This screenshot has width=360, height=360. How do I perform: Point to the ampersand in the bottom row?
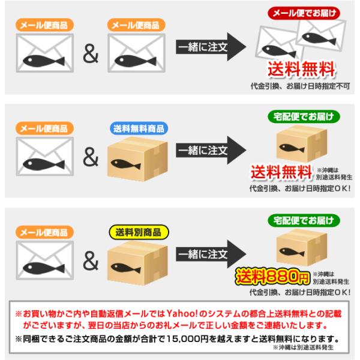pos(90,262)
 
